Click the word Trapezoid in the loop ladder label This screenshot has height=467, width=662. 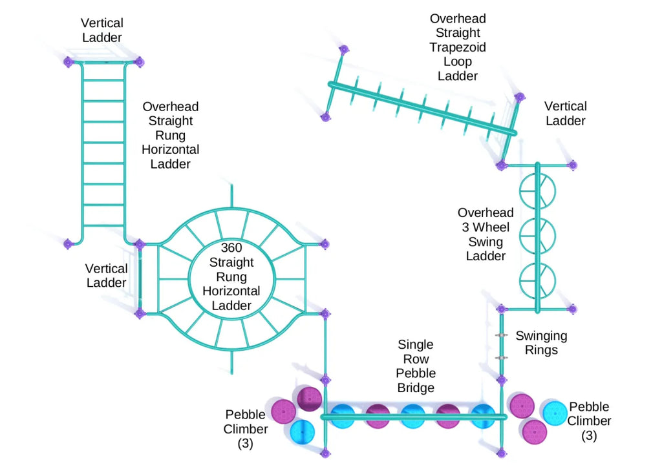(x=458, y=47)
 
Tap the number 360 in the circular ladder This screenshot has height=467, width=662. (x=231, y=247)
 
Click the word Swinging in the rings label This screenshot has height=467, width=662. (x=541, y=337)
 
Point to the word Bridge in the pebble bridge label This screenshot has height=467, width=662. (x=416, y=388)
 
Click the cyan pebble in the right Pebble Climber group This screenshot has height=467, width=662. (x=555, y=413)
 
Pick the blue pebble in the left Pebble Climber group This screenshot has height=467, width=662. (x=303, y=432)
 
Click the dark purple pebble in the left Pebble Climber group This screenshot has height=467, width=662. (x=310, y=399)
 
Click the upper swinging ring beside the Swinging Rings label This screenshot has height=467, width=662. (x=501, y=335)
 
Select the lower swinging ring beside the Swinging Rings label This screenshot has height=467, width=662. (x=501, y=358)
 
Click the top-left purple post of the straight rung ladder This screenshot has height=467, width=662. (x=69, y=63)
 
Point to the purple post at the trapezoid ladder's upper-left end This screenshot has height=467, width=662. (x=344, y=50)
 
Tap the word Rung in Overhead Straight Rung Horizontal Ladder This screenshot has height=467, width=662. (x=170, y=136)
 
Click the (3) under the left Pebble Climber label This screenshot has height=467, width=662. (x=245, y=444)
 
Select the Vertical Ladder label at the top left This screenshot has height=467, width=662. (x=102, y=30)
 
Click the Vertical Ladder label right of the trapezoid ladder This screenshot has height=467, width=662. (x=565, y=114)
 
